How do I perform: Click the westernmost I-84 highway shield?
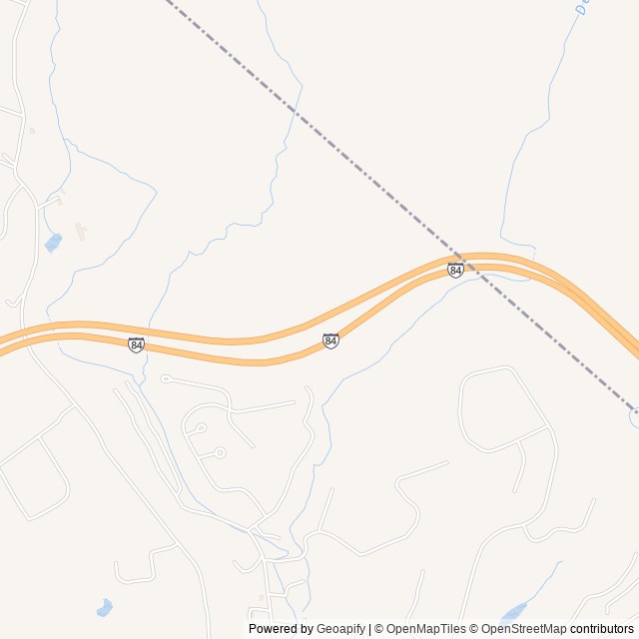coord(136,344)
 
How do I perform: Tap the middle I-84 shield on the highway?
coord(330,340)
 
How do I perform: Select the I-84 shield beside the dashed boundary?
coord(455,270)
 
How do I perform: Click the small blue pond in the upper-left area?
coord(53,242)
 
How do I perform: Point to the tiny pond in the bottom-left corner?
coord(104,607)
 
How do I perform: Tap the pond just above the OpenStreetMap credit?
coord(515,610)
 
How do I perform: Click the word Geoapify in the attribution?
coord(340,629)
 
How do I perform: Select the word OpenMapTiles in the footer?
coord(426,629)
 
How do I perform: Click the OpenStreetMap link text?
coord(523,629)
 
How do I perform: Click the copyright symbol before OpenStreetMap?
coord(473,629)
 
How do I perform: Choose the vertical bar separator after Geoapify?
coord(370,629)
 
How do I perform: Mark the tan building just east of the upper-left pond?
coord(81,233)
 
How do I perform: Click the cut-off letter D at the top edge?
coord(580,7)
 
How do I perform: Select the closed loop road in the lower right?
coord(504,409)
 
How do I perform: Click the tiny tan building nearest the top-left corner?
coord(32,131)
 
